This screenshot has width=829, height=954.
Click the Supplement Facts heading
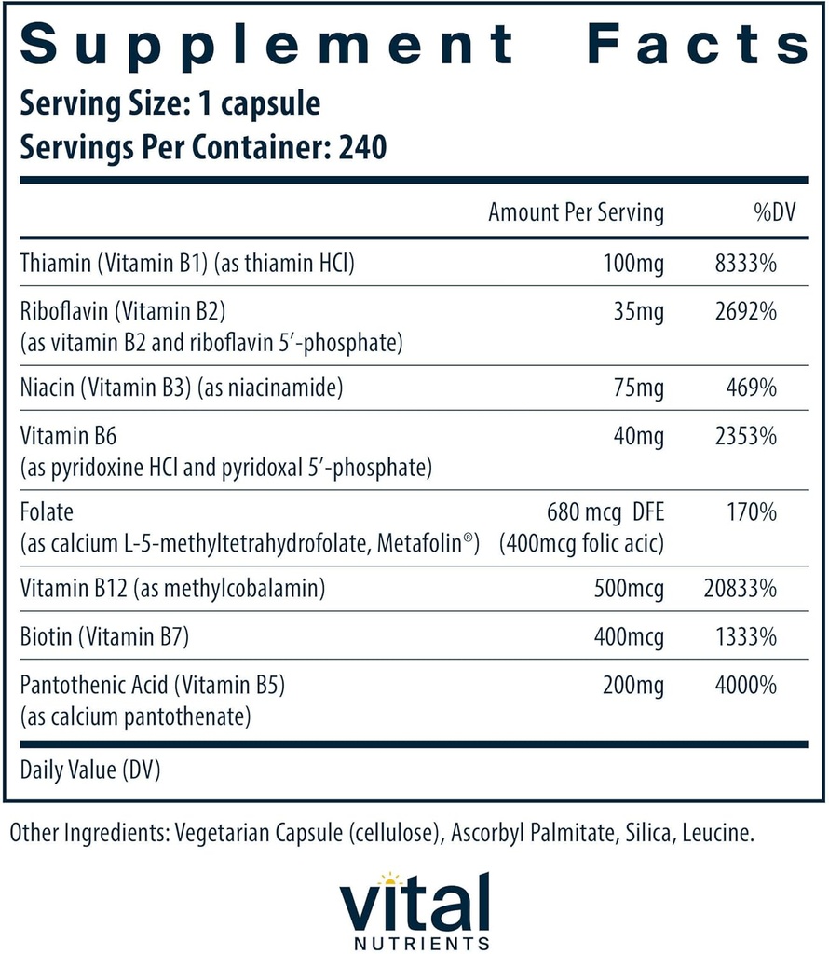414,43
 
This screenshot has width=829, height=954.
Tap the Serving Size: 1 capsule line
170,103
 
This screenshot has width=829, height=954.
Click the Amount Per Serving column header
576,212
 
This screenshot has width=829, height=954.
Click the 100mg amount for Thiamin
633,265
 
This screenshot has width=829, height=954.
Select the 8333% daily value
742,265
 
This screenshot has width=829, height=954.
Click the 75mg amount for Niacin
638,388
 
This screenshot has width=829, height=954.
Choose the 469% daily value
750,388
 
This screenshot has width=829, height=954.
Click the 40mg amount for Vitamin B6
638,434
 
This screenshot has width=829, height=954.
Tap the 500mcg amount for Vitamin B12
629,589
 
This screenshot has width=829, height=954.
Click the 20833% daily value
738,589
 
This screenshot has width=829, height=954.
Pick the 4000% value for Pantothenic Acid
742,686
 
